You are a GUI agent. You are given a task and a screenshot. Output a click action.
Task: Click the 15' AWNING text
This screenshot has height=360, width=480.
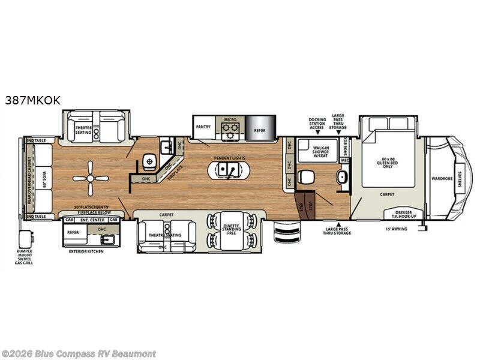click(x=397, y=229)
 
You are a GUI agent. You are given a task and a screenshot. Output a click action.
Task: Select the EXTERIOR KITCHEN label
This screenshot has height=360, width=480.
click(x=86, y=251)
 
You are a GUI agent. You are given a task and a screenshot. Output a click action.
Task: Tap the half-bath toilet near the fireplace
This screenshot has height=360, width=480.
click(x=148, y=161)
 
